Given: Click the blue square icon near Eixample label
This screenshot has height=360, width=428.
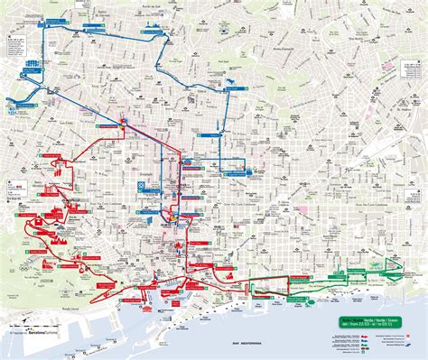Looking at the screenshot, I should coord(141,186).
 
